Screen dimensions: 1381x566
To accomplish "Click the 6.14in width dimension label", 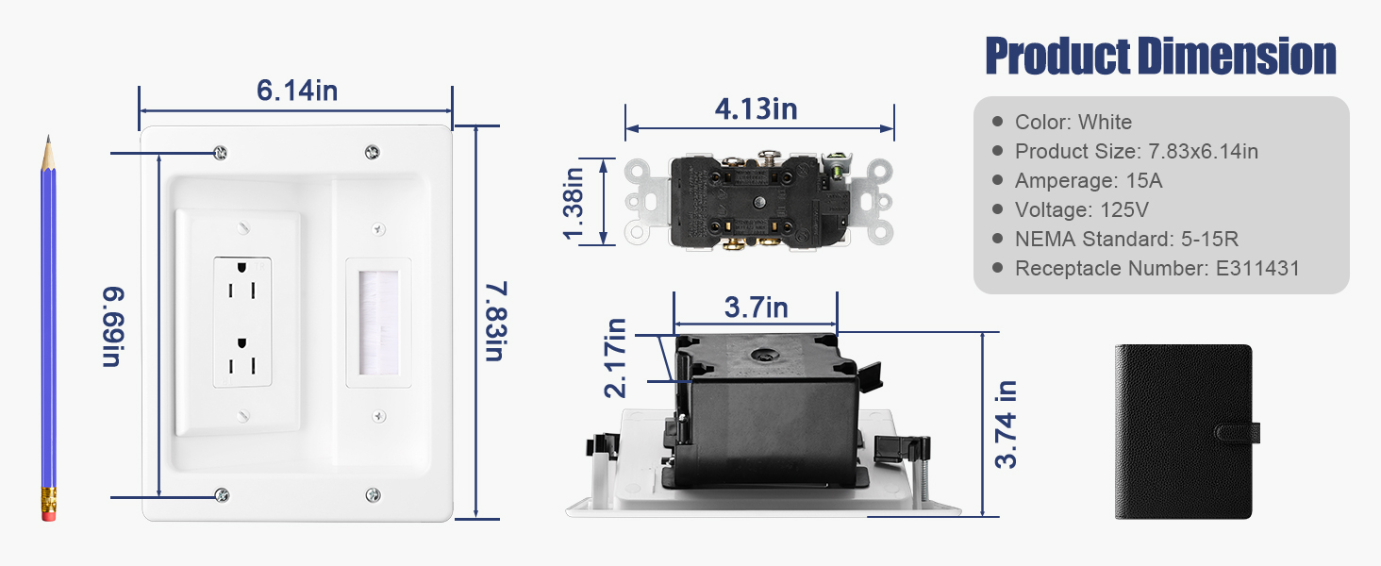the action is [x=297, y=91].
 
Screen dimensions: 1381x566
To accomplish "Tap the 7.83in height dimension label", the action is [x=496, y=321].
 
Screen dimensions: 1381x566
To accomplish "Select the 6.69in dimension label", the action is [x=113, y=326].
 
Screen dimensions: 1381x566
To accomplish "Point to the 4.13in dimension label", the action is [x=756, y=109].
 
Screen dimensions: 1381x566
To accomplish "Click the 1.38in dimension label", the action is [x=574, y=204].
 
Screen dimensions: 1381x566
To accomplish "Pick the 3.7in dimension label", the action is [x=756, y=307].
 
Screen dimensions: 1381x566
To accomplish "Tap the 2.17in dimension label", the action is [x=615, y=358].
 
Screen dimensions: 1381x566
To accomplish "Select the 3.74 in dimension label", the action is [x=1007, y=424].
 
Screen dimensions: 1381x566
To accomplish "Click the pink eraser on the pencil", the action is [x=49, y=512].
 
